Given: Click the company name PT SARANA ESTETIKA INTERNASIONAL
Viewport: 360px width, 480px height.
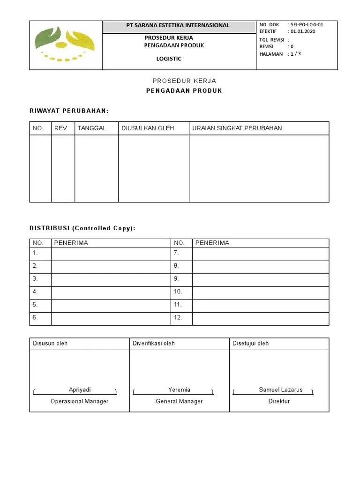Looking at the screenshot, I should point(178,25).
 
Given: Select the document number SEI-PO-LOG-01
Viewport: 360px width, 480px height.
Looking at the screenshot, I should point(307,25).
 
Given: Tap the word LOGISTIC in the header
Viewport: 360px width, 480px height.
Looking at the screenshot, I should point(169,59).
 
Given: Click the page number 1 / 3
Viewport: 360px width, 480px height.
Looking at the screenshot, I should point(295,54).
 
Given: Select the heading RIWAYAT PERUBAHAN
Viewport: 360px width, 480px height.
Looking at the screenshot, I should point(69,111).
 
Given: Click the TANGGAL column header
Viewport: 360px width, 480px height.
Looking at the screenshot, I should point(92,128).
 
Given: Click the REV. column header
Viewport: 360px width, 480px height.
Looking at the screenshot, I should point(61,128).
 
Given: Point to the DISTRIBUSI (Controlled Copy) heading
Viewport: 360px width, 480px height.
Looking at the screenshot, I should point(82,228).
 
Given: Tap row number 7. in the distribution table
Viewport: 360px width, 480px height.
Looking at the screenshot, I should point(176,253).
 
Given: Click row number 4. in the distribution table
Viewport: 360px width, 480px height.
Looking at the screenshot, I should point(35,292).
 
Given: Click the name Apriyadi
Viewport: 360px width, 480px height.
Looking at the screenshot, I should point(80,390).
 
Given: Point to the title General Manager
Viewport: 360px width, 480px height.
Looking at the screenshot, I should point(179,401).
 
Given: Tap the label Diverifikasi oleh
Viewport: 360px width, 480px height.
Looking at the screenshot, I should point(154,343).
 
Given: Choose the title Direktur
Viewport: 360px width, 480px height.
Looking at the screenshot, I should point(279,401).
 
